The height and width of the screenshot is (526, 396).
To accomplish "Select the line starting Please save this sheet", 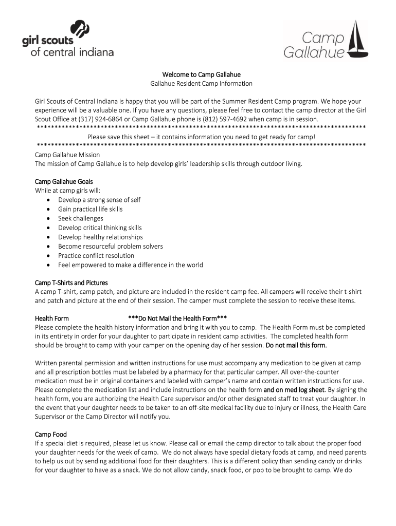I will coord(201,137).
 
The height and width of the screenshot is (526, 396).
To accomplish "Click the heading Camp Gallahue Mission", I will coord(67,155).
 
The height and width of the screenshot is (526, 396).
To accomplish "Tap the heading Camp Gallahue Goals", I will coord(64,181).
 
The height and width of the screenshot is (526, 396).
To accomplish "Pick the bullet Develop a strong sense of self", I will coord(99,200).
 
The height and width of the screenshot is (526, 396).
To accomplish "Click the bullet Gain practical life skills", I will coord(90,209).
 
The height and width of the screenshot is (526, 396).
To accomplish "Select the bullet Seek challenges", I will coord(80,218).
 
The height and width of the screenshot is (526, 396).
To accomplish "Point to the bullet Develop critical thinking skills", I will coord(100,228).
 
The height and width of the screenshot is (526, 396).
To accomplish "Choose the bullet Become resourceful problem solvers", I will coord(110,246).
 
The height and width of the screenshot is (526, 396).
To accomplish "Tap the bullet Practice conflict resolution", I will coord(96,255).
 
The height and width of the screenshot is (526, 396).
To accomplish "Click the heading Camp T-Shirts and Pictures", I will coord(71,283).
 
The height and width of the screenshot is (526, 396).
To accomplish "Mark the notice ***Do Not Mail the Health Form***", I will coord(177,318).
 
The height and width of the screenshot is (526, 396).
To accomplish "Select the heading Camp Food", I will coord(50,434).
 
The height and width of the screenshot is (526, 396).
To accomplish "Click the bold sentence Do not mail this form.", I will coord(296,345).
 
